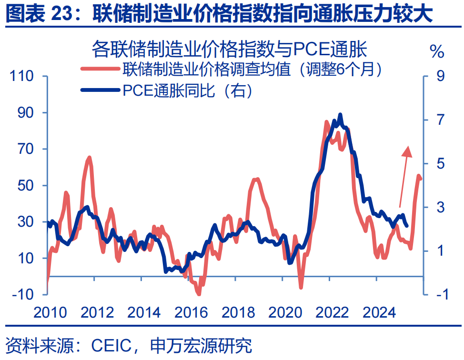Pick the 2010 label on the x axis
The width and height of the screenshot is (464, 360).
coord(51,312)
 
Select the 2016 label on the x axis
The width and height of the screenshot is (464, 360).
coord(191,312)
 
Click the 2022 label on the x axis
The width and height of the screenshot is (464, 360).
coord(332,312)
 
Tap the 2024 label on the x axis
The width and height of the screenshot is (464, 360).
coord(379,312)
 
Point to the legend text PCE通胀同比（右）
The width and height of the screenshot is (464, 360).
coord(186,90)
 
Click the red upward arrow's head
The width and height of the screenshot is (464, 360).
coord(407,150)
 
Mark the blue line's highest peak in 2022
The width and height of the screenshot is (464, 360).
coord(340,115)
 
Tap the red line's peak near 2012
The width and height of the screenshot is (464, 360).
coord(89,157)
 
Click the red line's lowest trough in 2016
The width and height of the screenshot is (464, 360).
coord(199,294)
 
